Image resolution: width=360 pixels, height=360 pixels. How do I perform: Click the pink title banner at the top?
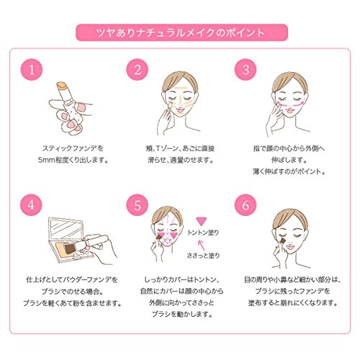click(181, 32)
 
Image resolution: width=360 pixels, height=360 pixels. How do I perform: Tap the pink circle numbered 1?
click(32, 70)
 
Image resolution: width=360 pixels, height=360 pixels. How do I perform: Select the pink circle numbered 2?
click(138, 70)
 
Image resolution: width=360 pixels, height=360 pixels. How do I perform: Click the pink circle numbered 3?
click(246, 70)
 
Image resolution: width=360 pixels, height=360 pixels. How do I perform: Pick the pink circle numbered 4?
click(32, 205)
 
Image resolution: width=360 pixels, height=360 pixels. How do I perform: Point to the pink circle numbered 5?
click(138, 205)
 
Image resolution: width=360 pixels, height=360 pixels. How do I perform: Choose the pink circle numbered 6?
click(246, 205)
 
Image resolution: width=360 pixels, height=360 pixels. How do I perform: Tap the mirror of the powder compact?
click(66, 229)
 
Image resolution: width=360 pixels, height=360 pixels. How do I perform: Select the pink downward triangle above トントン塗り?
click(201, 221)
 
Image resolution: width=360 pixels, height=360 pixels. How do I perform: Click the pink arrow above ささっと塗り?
click(201, 246)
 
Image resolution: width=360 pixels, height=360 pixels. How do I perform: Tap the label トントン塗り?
click(203, 233)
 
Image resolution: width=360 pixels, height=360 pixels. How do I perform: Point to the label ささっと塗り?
click(203, 256)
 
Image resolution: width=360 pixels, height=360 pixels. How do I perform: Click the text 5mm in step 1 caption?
click(46, 160)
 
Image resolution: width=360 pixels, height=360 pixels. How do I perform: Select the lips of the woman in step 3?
click(289, 110)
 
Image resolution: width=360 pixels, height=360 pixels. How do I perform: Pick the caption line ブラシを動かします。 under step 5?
click(182, 314)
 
